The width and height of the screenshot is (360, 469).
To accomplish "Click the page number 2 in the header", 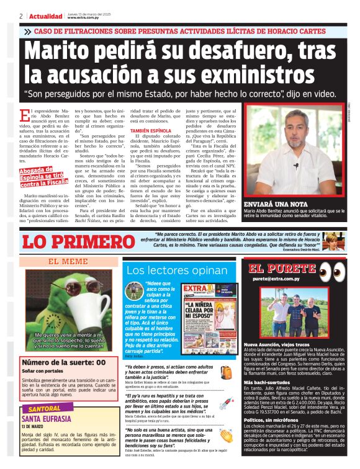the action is click(x=21, y=16).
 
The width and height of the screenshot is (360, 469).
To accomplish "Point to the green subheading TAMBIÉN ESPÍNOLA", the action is click(x=150, y=131).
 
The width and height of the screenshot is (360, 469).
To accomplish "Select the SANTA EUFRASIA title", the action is click(x=48, y=419).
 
